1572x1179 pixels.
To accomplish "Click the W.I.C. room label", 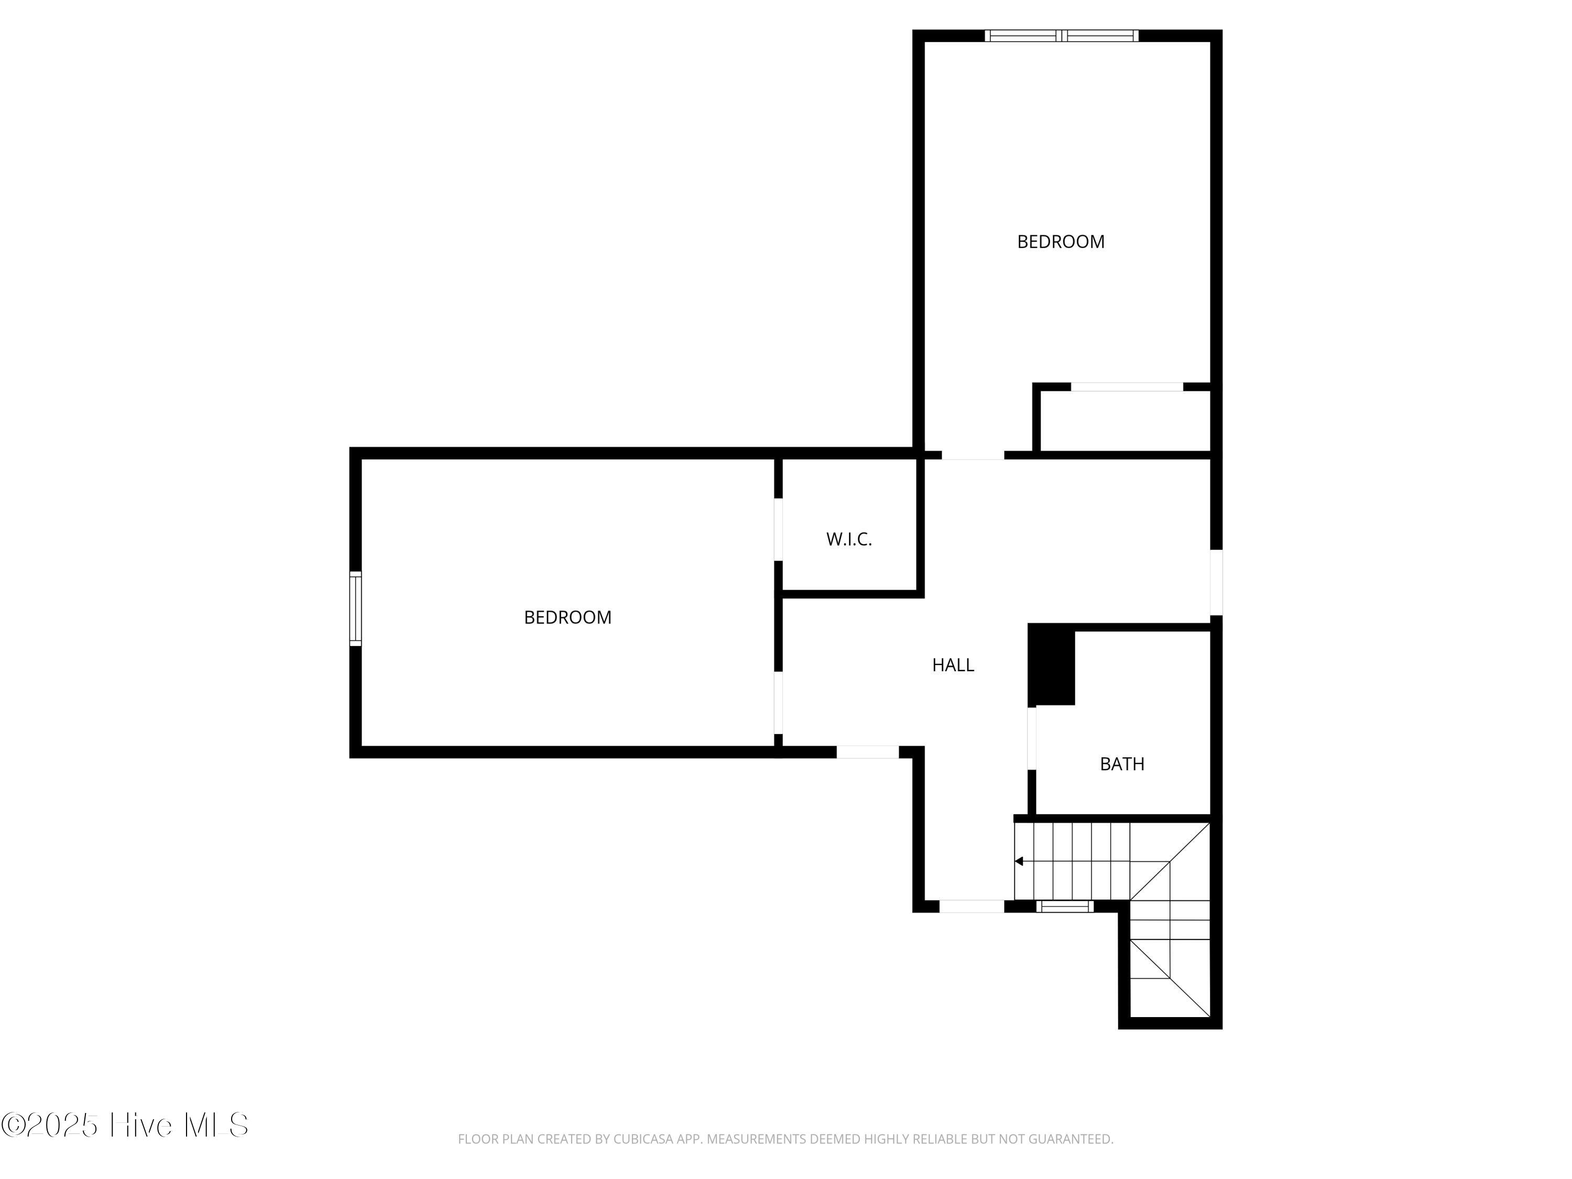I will point(848,539).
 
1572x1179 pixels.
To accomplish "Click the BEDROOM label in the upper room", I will point(1061,242).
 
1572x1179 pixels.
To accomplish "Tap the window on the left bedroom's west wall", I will point(355,608).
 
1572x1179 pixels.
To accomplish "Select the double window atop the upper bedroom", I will point(1061,36).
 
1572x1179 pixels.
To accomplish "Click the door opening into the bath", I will point(1032,738).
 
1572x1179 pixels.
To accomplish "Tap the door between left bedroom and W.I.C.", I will point(778,529).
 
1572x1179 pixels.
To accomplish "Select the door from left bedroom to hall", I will point(778,702).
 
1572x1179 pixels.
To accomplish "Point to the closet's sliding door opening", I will point(1127,387).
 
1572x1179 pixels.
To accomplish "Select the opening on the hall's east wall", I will point(1216,583).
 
